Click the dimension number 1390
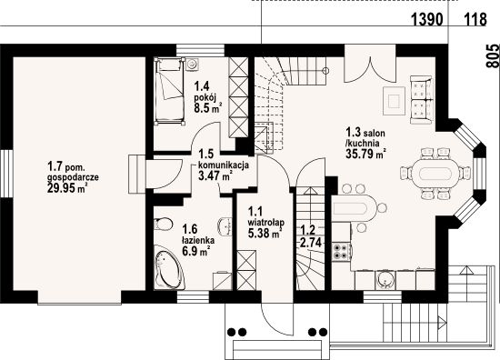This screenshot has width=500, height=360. pyautogui.click(x=427, y=19)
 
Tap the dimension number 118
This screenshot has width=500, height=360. pyautogui.click(x=475, y=19)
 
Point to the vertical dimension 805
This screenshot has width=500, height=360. pyautogui.click(x=492, y=55)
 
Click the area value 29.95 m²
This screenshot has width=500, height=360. pyautogui.click(x=67, y=188)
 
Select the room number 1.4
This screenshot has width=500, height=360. pyautogui.click(x=202, y=86)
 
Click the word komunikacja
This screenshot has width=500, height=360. pyautogui.click(x=224, y=165)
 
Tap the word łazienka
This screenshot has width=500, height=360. pyautogui.click(x=198, y=240)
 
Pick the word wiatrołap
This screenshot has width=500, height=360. pyautogui.click(x=266, y=222)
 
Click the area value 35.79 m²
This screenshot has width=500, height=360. pyautogui.click(x=366, y=154)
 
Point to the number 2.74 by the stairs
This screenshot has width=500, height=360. pyautogui.click(x=310, y=244)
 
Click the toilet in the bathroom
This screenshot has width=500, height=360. pyautogui.click(x=163, y=224)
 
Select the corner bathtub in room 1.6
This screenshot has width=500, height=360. pyautogui.click(x=169, y=267)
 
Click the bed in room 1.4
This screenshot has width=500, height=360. pyautogui.click(x=169, y=91)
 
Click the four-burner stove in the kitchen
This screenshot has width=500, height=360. pyautogui.click(x=341, y=252)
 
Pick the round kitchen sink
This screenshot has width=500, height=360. pyautogui.click(x=385, y=280)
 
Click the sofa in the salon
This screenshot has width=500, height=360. pyautogui.click(x=422, y=100)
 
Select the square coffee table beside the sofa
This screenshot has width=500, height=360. pyautogui.click(x=395, y=101)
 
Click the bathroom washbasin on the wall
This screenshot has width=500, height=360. pyautogui.click(x=225, y=225)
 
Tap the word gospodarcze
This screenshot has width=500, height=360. pyautogui.click(x=73, y=177)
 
